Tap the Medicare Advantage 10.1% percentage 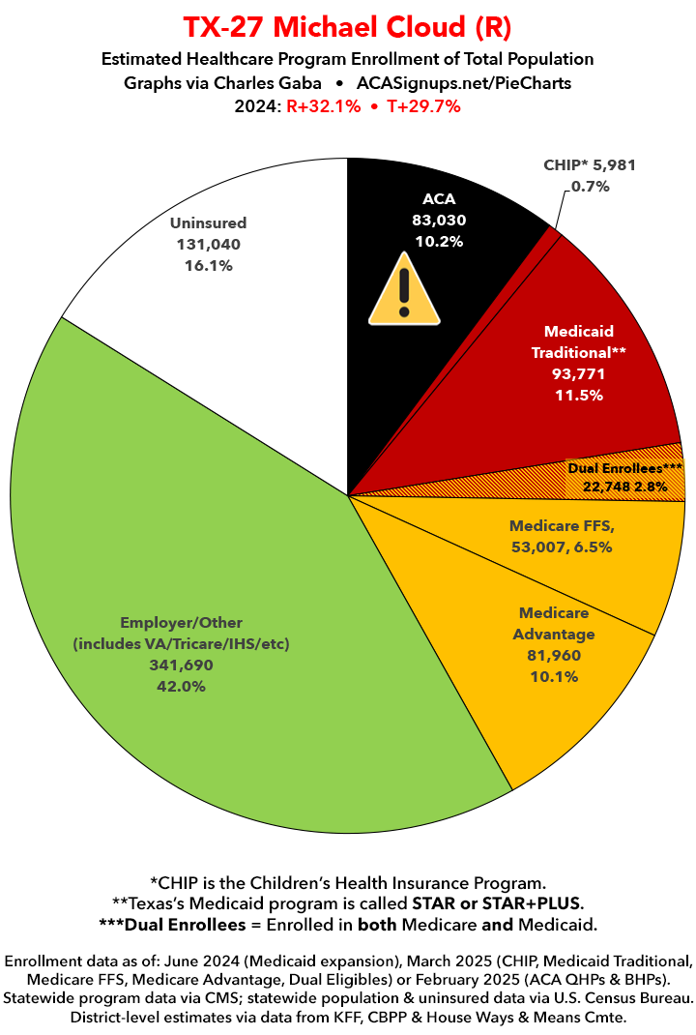555,676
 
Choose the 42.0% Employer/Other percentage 182,686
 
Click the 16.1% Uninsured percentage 208,265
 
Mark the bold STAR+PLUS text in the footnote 534,902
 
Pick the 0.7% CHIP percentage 589,186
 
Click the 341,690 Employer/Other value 182,665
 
